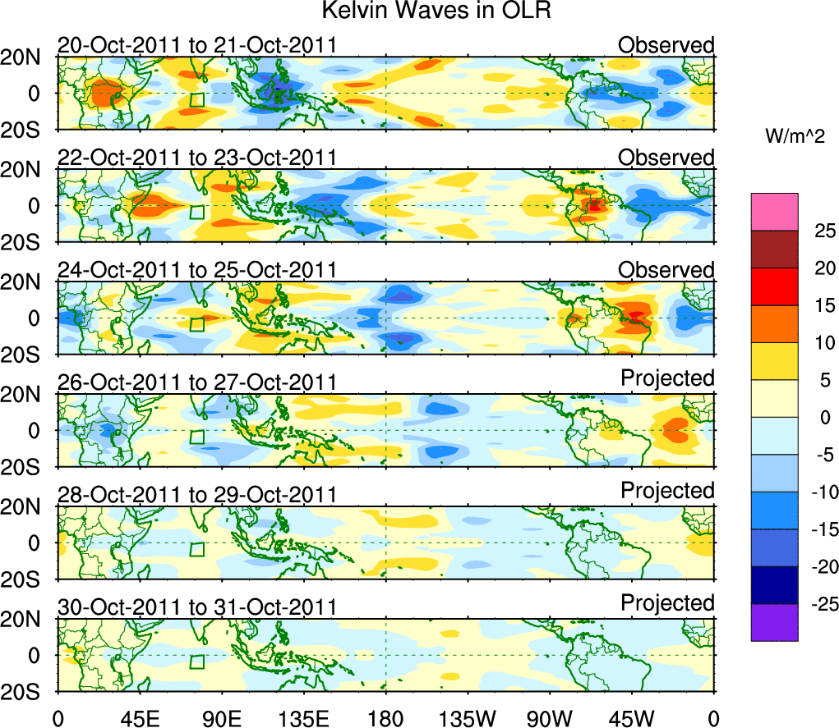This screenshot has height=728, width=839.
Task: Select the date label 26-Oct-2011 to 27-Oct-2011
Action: (x=197, y=382)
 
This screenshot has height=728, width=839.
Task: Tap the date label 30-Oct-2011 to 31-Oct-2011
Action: (x=197, y=607)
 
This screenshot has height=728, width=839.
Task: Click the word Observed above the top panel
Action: (x=666, y=44)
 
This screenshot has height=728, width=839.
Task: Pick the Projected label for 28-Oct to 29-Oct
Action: (x=667, y=490)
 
